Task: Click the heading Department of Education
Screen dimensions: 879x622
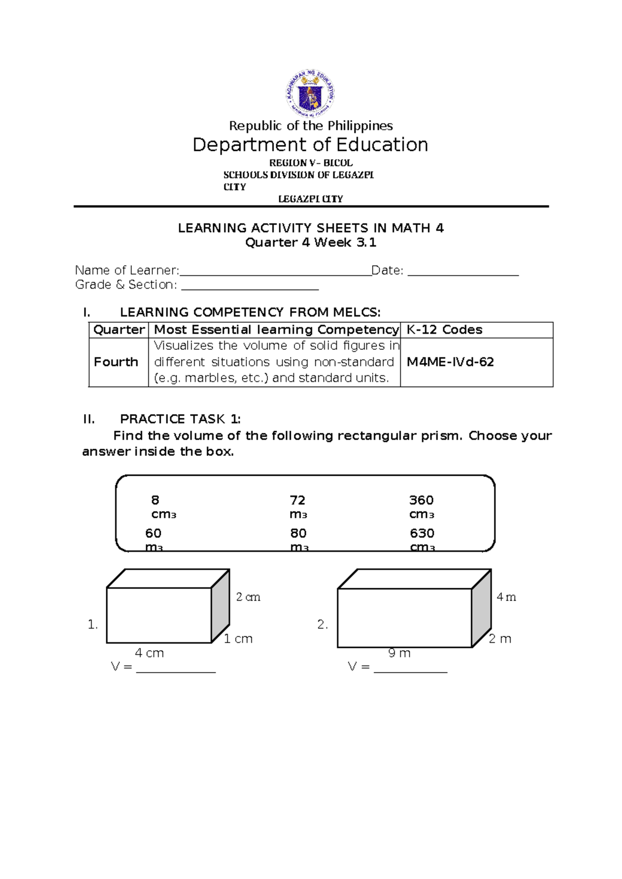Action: (310, 145)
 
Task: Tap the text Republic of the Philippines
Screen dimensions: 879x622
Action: (310, 126)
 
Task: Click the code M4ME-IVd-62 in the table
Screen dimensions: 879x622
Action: (450, 362)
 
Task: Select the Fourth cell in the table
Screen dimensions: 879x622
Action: (116, 362)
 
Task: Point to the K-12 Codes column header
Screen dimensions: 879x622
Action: (444, 330)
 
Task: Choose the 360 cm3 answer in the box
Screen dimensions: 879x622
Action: (421, 507)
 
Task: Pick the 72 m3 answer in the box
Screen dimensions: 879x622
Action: (298, 507)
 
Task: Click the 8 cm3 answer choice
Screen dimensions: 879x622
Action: (162, 507)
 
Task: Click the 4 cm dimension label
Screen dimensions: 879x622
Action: (149, 653)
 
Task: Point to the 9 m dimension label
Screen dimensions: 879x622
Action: (399, 653)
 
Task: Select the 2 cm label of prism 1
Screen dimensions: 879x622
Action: (248, 597)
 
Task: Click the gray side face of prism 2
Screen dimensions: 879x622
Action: (482, 607)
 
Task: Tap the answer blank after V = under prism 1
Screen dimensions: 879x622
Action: (176, 669)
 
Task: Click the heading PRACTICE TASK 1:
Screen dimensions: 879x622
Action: (180, 419)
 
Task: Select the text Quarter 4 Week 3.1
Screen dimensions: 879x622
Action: (310, 243)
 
